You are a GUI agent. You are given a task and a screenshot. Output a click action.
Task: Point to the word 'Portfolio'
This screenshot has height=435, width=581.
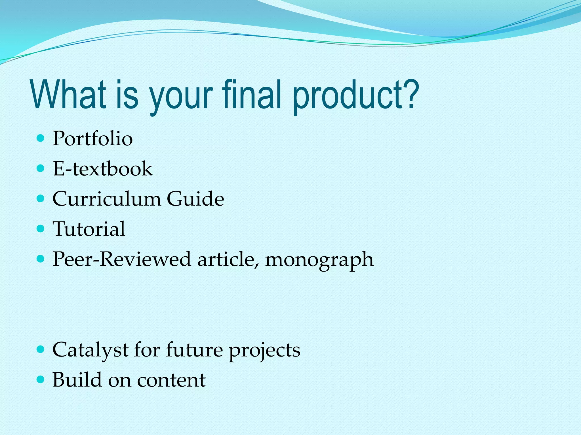(92, 139)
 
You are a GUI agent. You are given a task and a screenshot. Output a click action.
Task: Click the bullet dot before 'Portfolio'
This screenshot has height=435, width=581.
(41, 138)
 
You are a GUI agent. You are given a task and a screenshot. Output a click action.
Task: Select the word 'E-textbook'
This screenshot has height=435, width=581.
(103, 169)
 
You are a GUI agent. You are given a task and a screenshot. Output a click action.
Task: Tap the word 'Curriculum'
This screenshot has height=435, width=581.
(106, 199)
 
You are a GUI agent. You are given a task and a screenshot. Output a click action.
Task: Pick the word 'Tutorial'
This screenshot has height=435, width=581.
(89, 229)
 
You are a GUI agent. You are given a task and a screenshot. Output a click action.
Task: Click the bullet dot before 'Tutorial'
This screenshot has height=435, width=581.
(41, 229)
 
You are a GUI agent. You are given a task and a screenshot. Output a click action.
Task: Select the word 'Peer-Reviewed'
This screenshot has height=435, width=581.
(122, 259)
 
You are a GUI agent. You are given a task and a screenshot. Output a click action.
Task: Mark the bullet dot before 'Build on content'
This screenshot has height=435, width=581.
(41, 379)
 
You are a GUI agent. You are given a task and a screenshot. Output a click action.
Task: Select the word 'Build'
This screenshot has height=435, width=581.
(77, 380)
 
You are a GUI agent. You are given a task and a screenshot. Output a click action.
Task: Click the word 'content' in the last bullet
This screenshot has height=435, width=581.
(171, 380)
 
